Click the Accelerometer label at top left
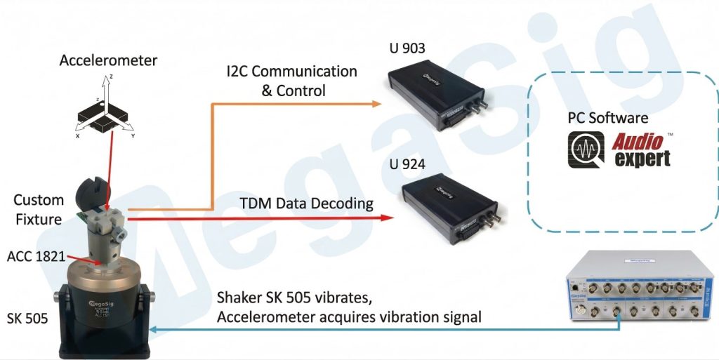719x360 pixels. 108,60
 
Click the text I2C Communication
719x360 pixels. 291,72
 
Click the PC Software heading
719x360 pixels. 608,118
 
